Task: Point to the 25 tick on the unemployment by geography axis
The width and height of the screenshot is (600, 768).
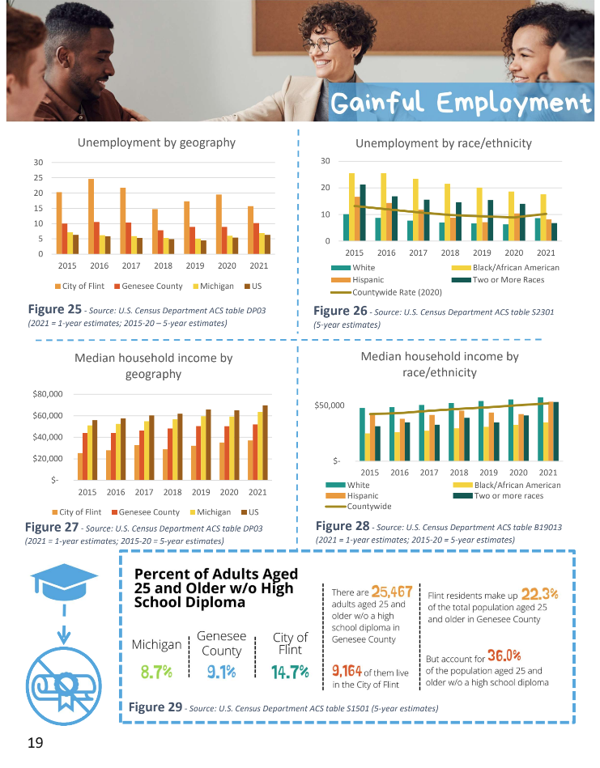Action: tap(38, 178)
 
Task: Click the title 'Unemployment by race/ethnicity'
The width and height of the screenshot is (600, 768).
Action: tap(443, 143)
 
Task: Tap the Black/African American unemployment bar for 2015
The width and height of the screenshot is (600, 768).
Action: tap(351, 206)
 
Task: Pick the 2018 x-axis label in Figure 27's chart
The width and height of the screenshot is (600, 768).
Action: tap(172, 491)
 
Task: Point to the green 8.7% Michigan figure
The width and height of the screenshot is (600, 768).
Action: tap(156, 670)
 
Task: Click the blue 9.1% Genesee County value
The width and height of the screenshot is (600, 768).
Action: tap(221, 670)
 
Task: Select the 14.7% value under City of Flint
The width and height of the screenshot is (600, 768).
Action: tap(290, 670)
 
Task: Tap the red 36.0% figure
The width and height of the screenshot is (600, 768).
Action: tap(504, 656)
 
